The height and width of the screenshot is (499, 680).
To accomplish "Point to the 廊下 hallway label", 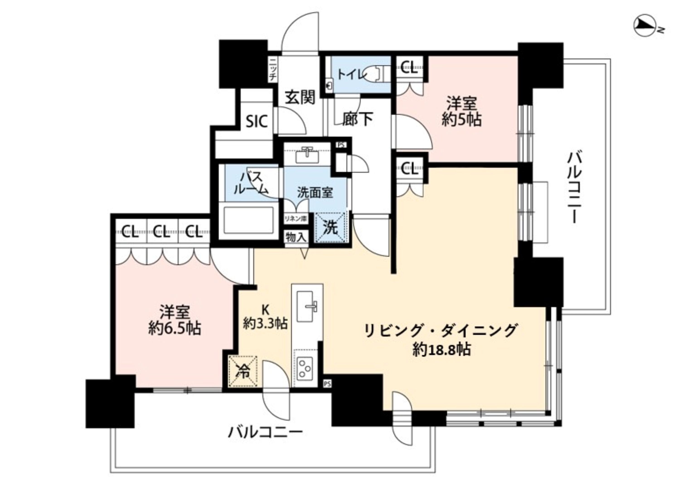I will coord(357,119).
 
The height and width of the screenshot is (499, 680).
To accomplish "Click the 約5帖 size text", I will coord(461,120).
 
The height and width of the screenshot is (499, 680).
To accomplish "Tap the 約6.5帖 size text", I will coord(175,328).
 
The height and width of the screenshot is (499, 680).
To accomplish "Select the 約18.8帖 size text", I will coord(441,350).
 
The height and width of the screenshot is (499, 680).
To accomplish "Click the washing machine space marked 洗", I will coord(330,228).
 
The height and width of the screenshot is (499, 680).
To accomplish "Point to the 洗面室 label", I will coord(315,192).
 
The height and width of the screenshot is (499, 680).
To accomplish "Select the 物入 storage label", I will coord(296,237).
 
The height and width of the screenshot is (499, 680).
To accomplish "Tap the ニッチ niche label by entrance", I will coord(272,70).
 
